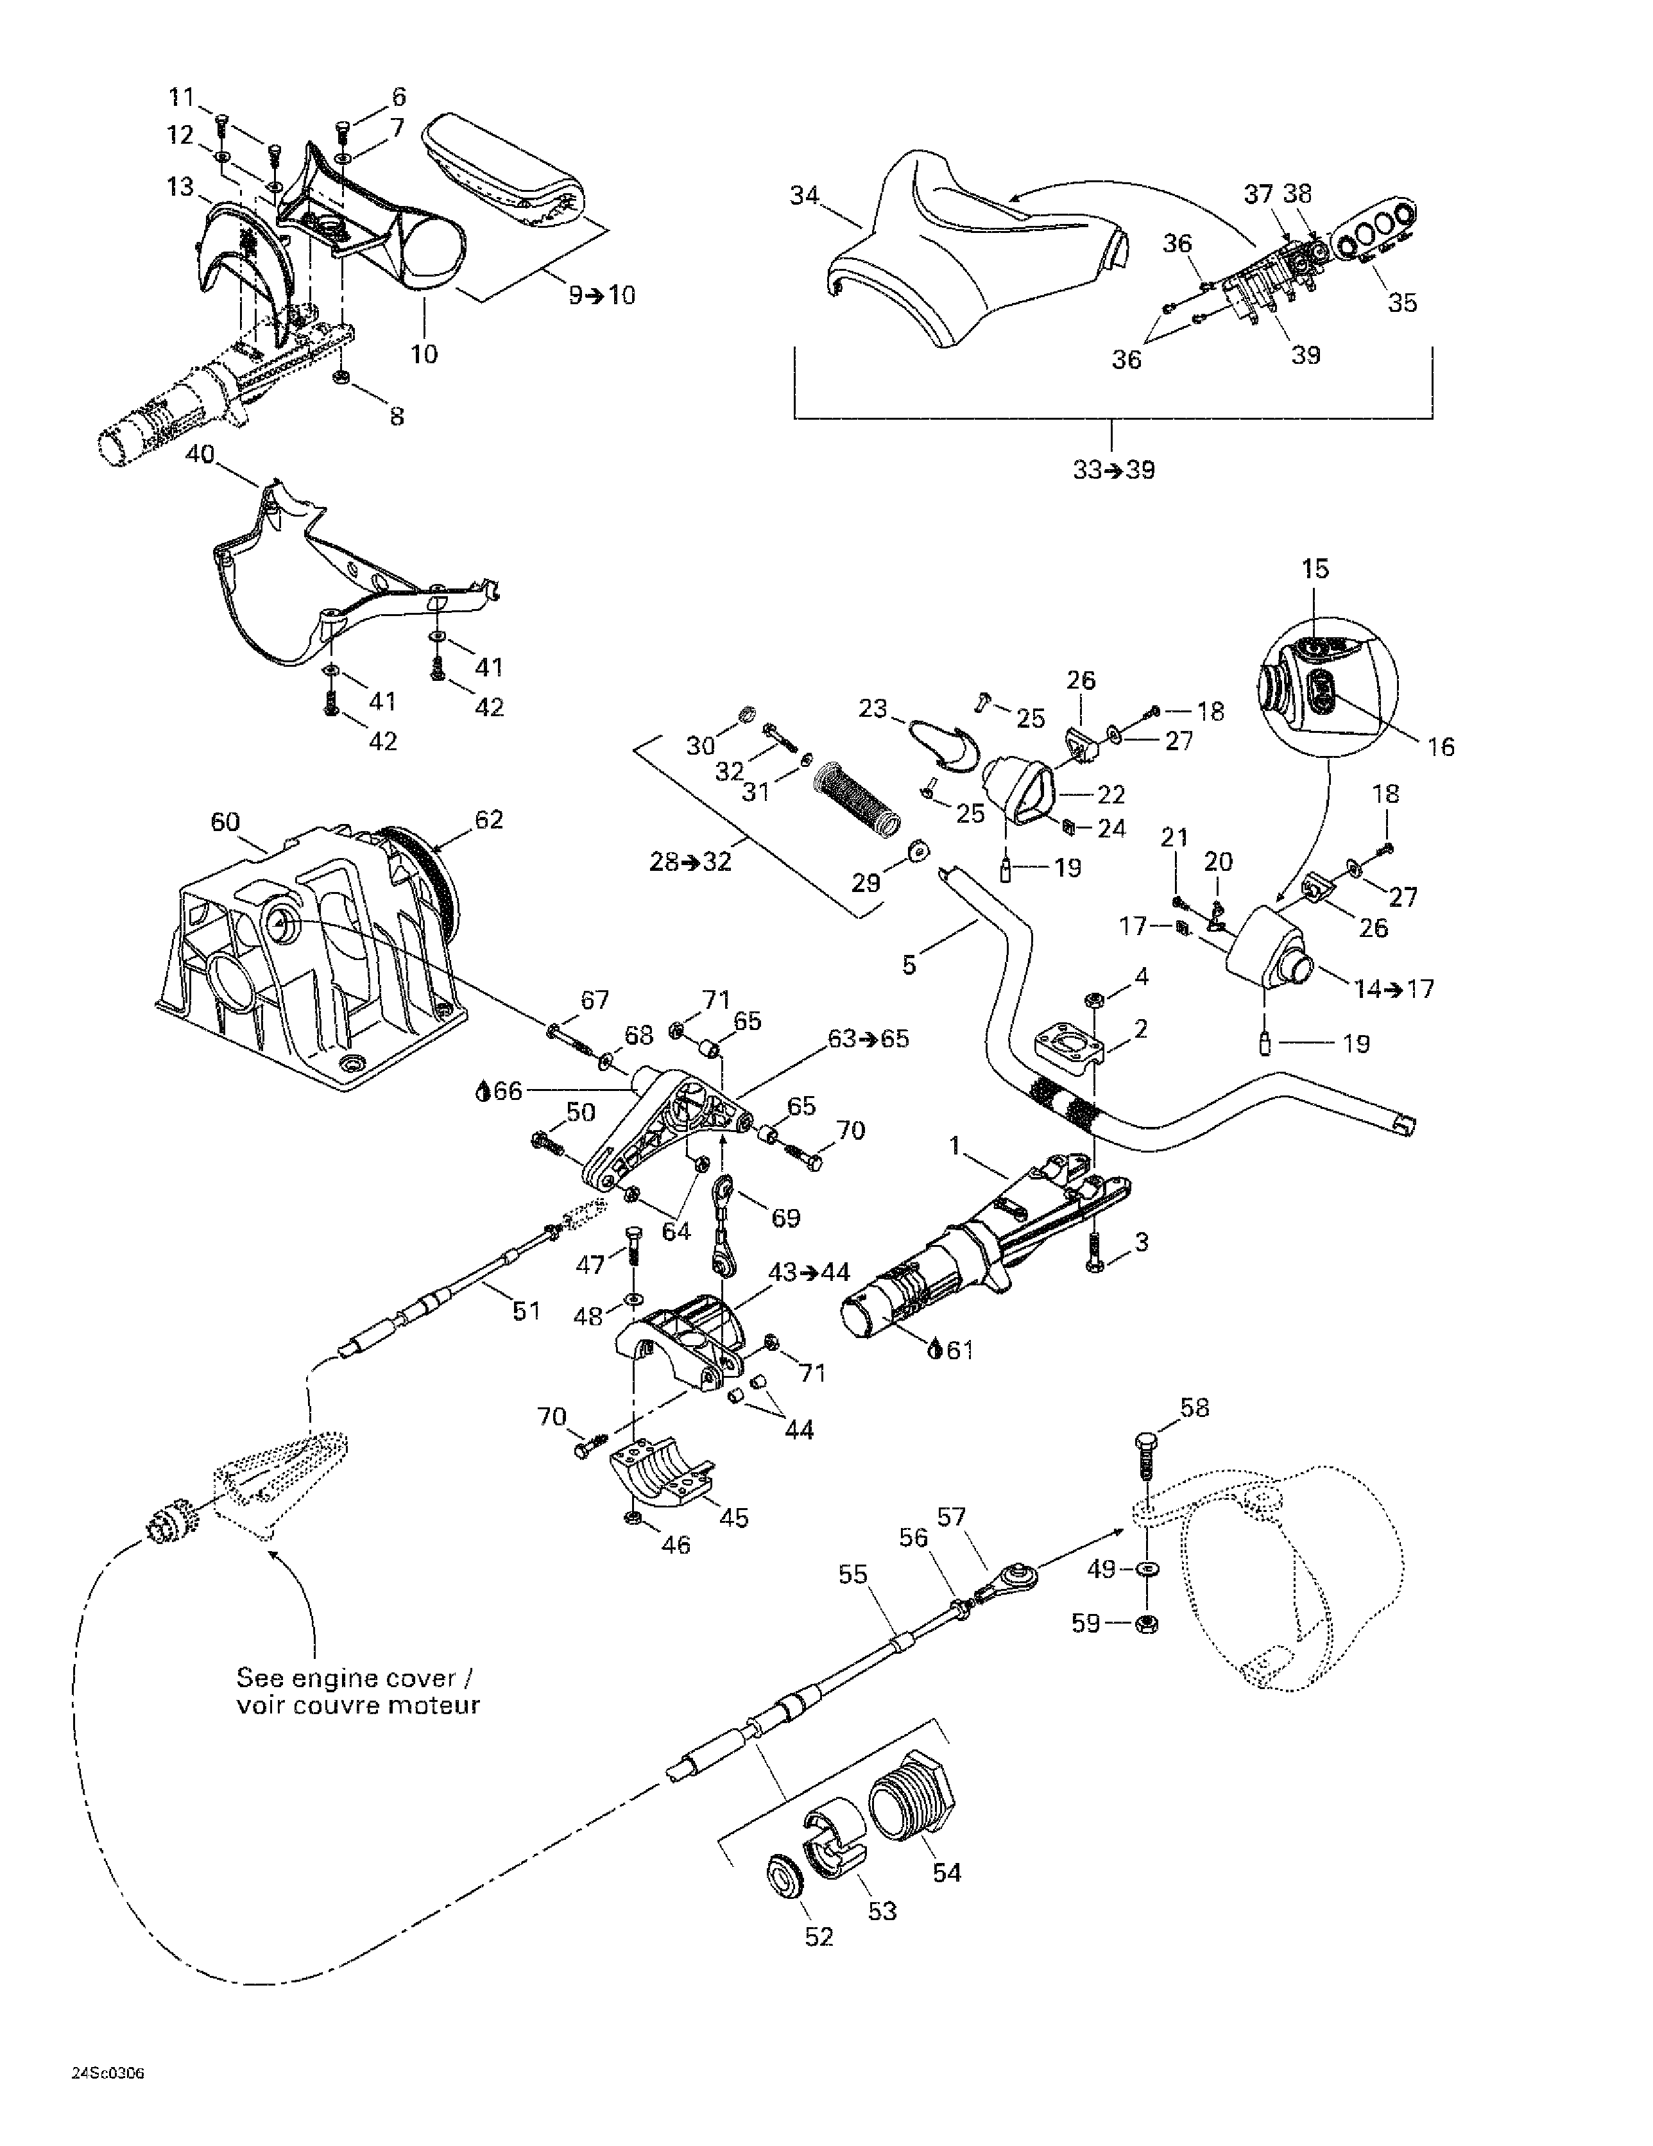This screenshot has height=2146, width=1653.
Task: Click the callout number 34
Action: pyautogui.click(x=804, y=196)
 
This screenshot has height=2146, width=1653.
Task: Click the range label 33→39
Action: pyautogui.click(x=1113, y=470)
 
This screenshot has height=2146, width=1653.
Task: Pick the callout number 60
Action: pyautogui.click(x=225, y=821)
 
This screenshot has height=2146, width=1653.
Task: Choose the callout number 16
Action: pyautogui.click(x=1440, y=747)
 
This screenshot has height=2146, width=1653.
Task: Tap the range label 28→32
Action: pyautogui.click(x=690, y=862)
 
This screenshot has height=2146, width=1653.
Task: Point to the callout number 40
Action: pyautogui.click(x=200, y=456)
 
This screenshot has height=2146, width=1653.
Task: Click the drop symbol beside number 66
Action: pyautogui.click(x=481, y=1092)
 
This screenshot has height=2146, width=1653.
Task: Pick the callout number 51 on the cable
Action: pyautogui.click(x=526, y=1310)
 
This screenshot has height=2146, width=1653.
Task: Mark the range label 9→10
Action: pyautogui.click(x=601, y=294)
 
